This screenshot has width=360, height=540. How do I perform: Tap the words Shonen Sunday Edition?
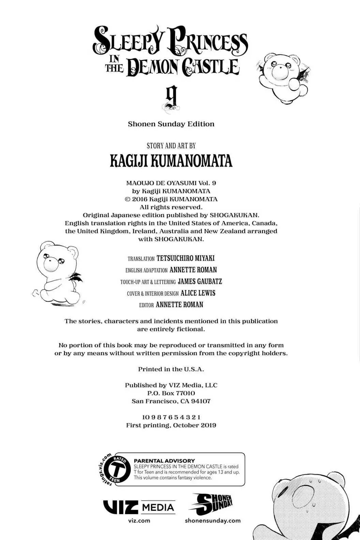pos(171,124)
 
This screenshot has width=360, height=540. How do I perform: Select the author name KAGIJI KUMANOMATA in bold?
pos(171,161)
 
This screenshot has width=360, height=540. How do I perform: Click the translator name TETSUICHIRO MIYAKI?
pos(185,258)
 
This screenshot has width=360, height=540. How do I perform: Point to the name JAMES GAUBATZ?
pos(200,282)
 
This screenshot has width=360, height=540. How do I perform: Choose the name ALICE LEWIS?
pos(198,293)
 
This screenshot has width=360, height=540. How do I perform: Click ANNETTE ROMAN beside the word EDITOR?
pos(179,305)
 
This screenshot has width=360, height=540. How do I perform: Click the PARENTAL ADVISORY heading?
pos(164,461)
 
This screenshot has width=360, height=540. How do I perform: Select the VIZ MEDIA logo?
pos(139,507)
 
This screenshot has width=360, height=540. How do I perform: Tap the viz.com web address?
pos(139,521)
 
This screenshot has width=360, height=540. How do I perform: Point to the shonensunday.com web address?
pos(213,521)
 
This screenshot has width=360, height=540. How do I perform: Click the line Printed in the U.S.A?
pos(171,369)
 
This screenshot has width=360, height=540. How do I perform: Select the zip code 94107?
pos(201,401)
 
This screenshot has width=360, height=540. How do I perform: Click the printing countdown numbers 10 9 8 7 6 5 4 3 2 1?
pos(171,417)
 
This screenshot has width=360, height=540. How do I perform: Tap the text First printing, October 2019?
pos(171,425)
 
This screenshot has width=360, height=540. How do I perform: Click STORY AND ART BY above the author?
pos(171,146)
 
